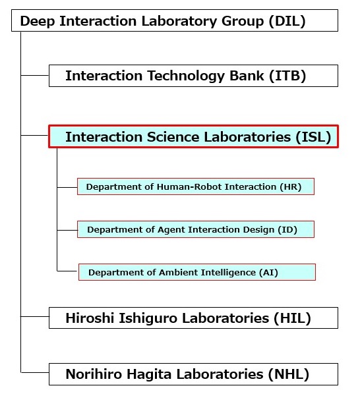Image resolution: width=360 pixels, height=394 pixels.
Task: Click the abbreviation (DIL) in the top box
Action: click(x=287, y=21)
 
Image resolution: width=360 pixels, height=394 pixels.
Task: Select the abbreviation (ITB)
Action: click(x=287, y=76)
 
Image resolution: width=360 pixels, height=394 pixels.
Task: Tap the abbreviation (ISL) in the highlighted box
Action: click(x=313, y=137)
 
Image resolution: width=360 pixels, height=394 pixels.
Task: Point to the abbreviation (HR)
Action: click(x=291, y=187)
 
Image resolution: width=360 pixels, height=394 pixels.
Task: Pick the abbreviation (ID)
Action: click(x=287, y=230)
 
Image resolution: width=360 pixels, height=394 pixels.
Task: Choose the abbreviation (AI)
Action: click(x=268, y=272)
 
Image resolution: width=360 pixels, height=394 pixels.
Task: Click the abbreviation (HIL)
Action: click(x=292, y=318)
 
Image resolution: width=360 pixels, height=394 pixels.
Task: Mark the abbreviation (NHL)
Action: click(x=289, y=374)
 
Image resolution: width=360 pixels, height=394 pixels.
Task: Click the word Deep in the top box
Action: click(x=38, y=21)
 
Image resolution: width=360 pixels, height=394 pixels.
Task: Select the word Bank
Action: click(x=247, y=76)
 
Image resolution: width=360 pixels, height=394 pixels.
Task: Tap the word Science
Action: click(x=173, y=137)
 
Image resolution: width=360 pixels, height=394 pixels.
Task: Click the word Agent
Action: click(x=171, y=230)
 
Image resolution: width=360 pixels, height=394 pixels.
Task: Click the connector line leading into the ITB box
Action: click(x=35, y=75)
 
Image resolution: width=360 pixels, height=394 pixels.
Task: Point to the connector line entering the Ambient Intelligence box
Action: click(x=67, y=271)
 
